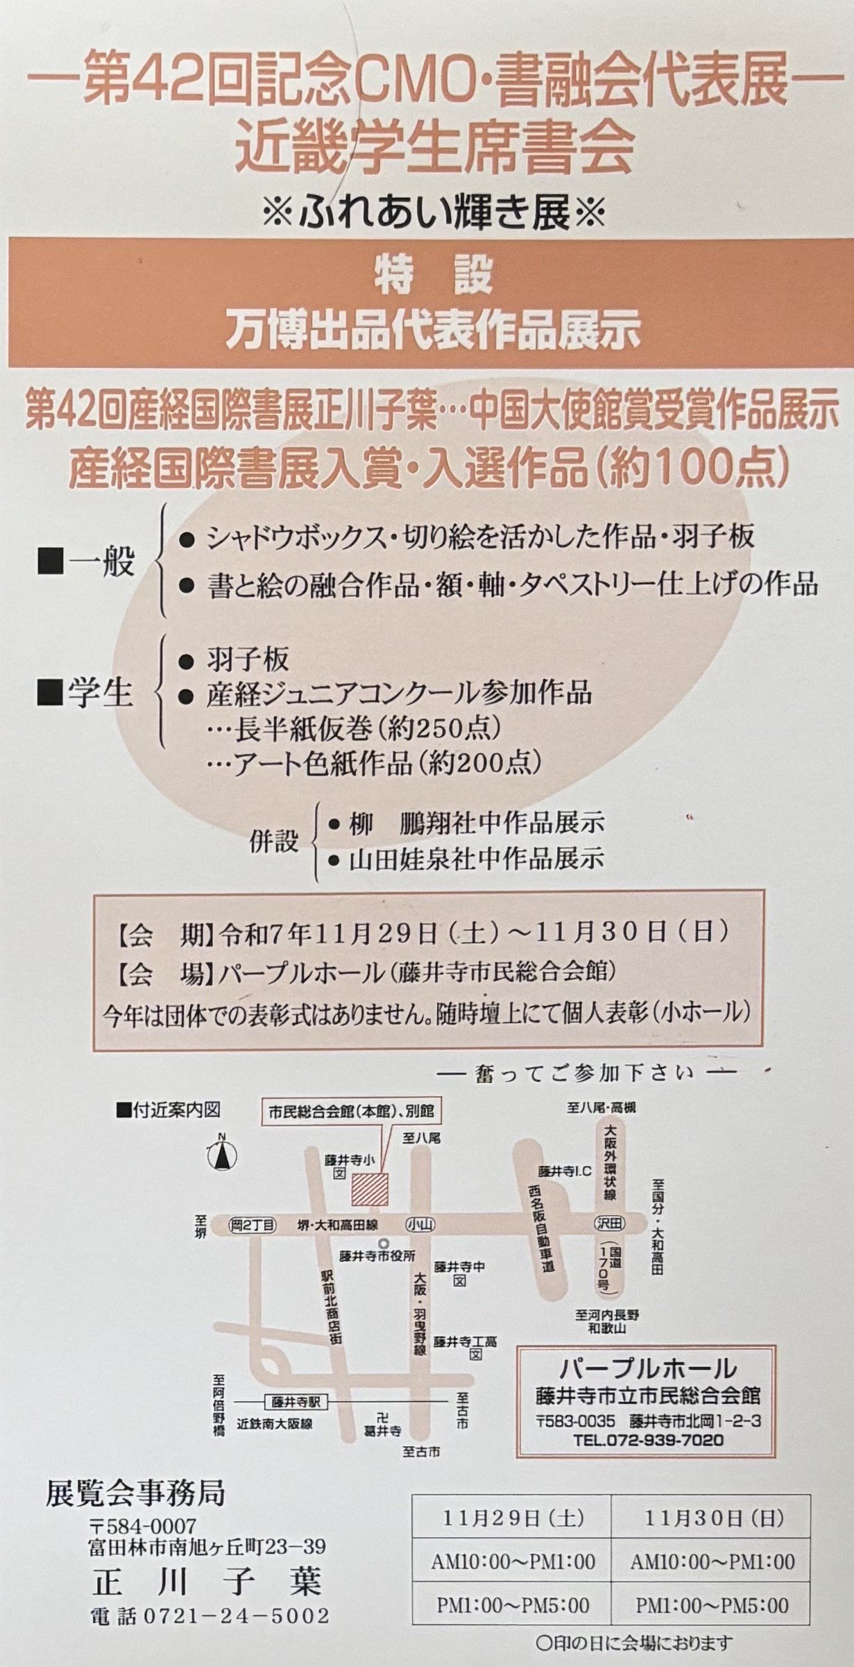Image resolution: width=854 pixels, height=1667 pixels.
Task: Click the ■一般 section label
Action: pos(85,561)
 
